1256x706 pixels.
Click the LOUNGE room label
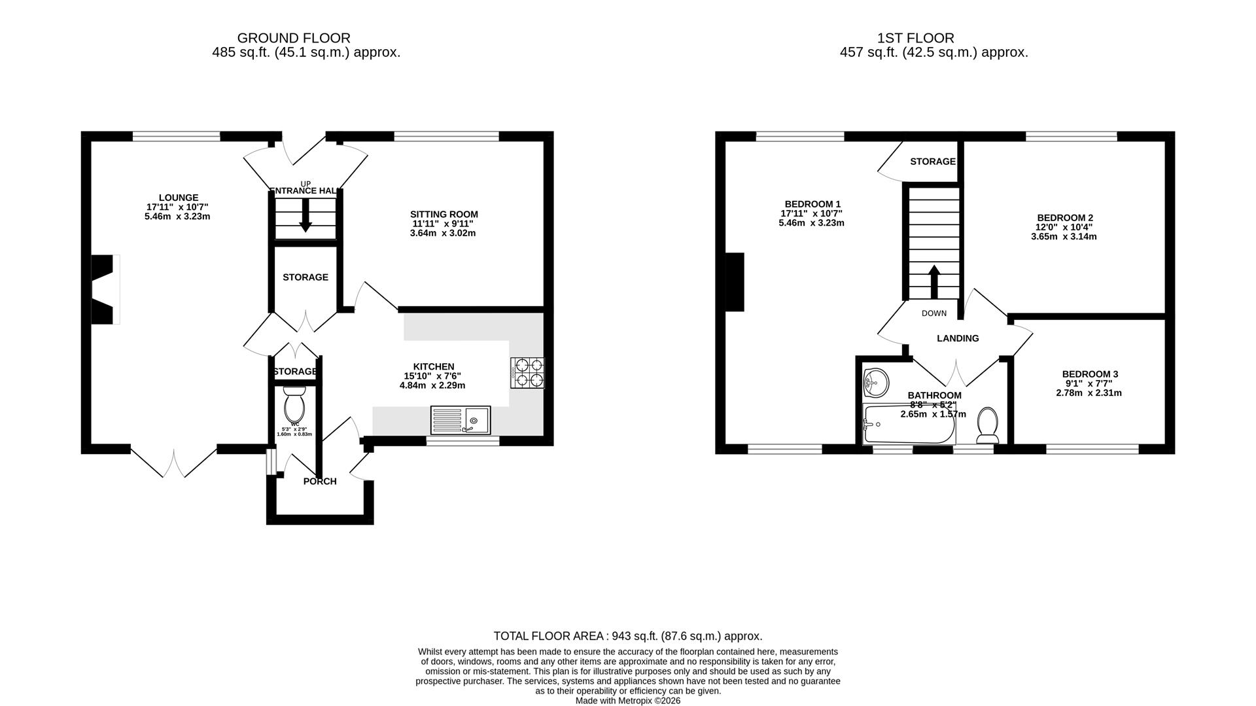pos(178,198)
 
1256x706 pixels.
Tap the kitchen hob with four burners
pos(527,373)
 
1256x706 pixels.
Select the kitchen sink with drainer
pos(461,419)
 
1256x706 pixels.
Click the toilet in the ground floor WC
pos(294,406)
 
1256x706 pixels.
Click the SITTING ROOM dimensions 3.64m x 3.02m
pos(443,233)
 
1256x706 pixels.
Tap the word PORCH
pos(320,482)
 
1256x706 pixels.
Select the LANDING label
pos(958,338)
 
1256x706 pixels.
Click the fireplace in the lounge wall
pos(103,289)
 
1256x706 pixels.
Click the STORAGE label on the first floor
pos(932,162)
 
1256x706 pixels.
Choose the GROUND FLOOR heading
pos(293,38)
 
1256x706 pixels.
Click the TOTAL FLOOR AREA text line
pos(627,636)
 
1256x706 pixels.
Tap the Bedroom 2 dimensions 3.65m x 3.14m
pos(1064,237)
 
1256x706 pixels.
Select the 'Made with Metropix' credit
pos(627,700)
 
